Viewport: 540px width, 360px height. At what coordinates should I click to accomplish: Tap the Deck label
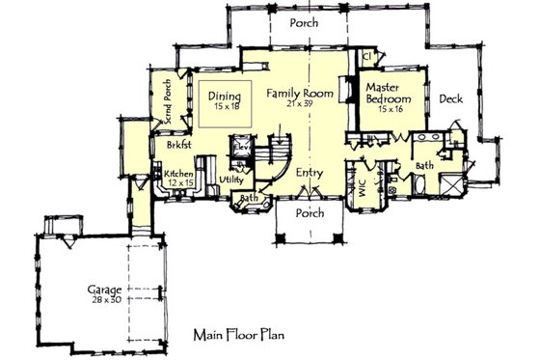point(451,97)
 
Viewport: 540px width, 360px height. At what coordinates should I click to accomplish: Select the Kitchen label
point(178,174)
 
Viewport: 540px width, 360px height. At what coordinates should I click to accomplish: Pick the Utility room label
point(230,180)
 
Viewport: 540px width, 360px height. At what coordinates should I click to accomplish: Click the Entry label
point(309,173)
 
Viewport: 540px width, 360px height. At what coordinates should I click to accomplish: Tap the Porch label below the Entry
point(309,212)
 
